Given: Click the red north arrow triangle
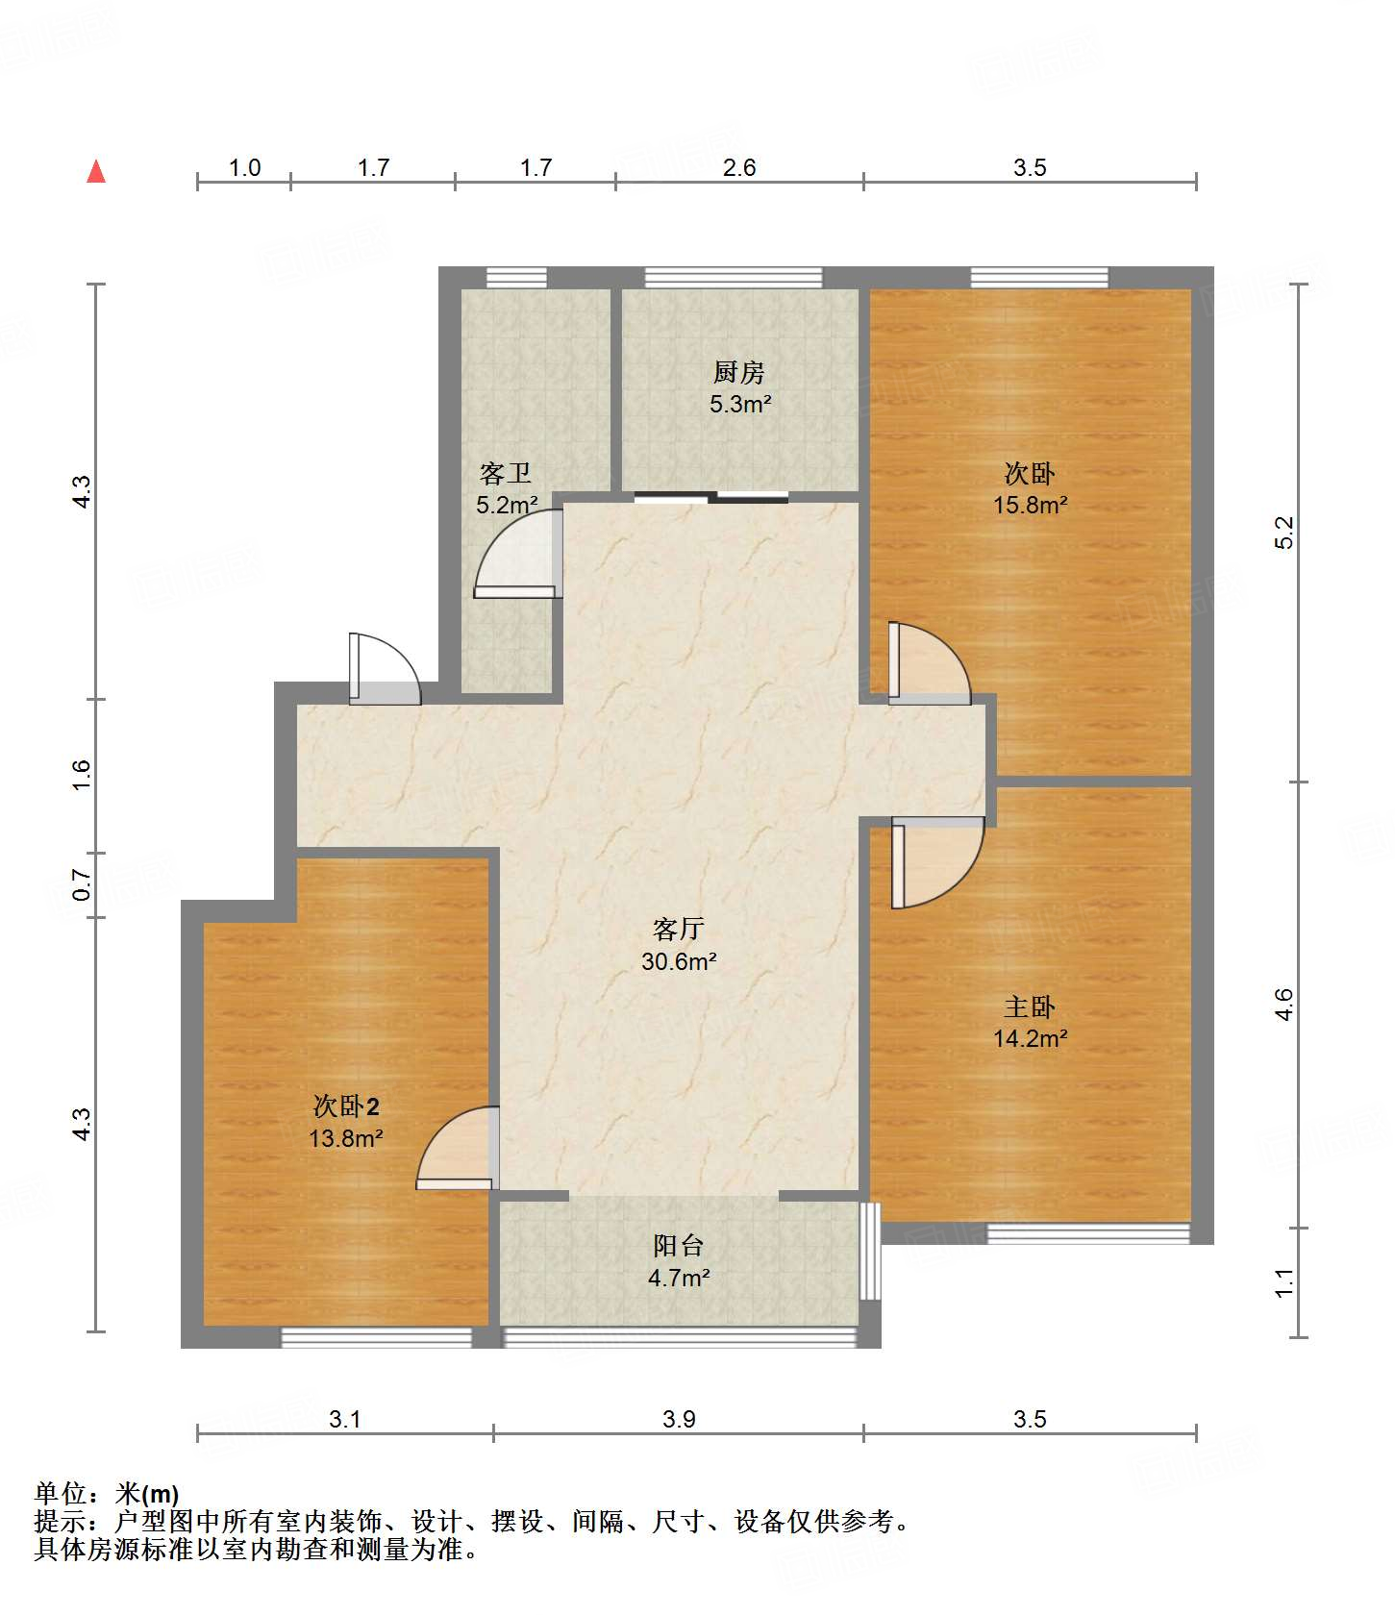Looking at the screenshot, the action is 96,171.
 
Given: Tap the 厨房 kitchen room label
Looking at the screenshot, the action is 739,372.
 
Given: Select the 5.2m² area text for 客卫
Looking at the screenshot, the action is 507,505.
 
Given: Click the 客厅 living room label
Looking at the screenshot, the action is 679,929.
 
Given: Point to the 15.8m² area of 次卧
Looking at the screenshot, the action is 1031,505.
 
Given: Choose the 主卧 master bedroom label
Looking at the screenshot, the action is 1030,1006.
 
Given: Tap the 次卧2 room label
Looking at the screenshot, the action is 346,1106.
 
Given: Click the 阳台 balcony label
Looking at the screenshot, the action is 679,1246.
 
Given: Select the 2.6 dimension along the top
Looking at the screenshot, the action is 739,167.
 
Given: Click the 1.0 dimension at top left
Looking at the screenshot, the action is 245,167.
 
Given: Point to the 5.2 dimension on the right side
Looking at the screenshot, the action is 1284,533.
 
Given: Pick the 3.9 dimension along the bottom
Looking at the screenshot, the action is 679,1419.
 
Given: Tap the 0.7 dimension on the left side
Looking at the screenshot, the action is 82,885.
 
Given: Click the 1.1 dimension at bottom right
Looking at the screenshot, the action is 1284,1282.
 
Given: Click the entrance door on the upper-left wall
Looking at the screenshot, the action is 385,669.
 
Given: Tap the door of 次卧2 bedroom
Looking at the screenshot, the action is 458,1148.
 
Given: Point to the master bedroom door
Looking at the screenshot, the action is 937,861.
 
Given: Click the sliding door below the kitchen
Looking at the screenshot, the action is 711,497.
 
